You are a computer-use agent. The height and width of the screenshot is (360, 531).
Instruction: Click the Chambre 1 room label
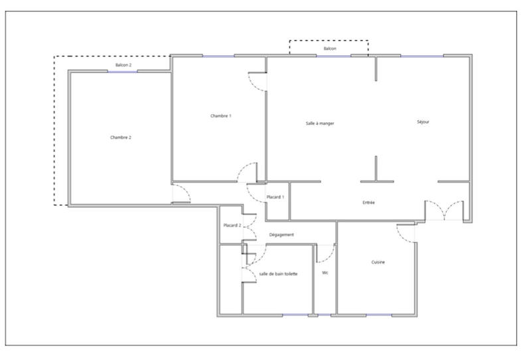click(x=221, y=116)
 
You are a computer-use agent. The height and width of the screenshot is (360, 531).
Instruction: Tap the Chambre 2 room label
click(x=121, y=137)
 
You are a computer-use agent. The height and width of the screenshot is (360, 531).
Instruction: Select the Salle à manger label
click(x=320, y=124)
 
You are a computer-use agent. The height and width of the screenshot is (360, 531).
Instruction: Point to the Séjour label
click(x=423, y=122)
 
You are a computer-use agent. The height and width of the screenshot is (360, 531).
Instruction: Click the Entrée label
click(x=369, y=202)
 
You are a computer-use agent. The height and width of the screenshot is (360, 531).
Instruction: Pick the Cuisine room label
click(x=378, y=262)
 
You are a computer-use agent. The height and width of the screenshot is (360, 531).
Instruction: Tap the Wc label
click(x=325, y=273)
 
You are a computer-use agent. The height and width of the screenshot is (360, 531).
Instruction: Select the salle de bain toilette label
click(x=279, y=274)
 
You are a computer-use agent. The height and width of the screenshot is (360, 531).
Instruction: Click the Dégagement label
click(x=281, y=234)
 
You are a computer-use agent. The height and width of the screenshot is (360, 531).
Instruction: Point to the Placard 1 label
click(x=275, y=197)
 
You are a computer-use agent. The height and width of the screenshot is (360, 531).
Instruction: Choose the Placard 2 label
click(x=232, y=225)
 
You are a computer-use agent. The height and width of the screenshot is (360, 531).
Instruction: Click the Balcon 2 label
click(x=123, y=65)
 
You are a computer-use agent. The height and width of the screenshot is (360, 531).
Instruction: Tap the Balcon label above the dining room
click(x=330, y=49)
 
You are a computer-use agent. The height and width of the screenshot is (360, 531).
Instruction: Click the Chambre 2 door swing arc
click(x=181, y=193)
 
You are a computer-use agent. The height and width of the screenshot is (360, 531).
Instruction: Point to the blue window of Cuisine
click(x=378, y=314)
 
